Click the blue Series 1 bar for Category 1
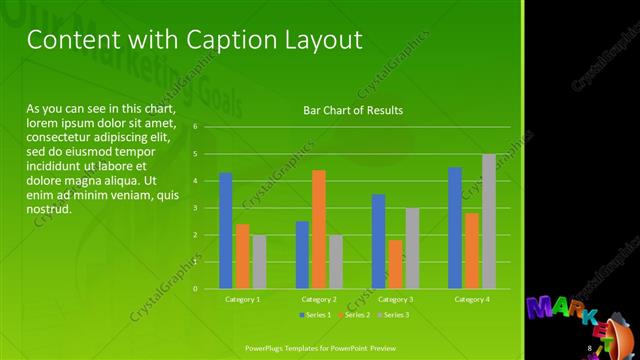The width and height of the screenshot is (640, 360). point(226,231)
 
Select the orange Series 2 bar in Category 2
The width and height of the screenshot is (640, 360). point(319,229)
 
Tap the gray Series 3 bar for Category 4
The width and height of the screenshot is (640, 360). point(489,221)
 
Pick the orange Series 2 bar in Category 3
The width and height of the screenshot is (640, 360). point(396,264)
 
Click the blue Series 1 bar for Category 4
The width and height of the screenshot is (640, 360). point(455,228)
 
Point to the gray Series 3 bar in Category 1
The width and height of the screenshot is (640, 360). point(259,262)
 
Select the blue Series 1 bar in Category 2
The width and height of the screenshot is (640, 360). point(302,255)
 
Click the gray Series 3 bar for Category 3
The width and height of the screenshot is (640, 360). point(412,248)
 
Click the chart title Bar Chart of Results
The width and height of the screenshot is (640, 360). point(346,110)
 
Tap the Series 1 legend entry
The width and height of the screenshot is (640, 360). point(319,315)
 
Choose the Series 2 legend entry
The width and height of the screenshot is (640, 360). point(354,315)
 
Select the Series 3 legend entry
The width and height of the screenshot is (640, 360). point(391,315)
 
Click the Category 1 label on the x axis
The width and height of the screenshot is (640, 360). point(242,299)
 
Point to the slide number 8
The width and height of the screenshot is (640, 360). point(589,347)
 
